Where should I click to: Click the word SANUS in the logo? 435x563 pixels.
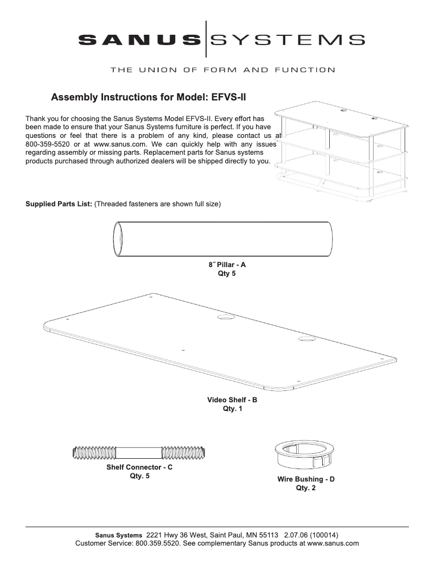pyautogui.click(x=139, y=39)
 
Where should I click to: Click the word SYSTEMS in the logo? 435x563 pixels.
pyautogui.click(x=287, y=39)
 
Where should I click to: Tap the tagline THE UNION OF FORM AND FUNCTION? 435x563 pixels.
pyautogui.click(x=222, y=69)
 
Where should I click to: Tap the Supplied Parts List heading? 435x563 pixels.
pyautogui.click(x=59, y=204)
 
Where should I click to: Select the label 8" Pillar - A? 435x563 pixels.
pyautogui.click(x=227, y=265)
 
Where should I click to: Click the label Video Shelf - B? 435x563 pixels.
pyautogui.click(x=232, y=400)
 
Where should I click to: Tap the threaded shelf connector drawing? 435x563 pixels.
pyautogui.click(x=140, y=452)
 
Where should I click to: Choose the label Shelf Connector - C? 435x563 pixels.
pyautogui.click(x=139, y=467)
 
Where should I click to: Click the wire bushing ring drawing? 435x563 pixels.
pyautogui.click(x=305, y=454)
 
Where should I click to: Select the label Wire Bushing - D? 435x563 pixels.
pyautogui.click(x=306, y=479)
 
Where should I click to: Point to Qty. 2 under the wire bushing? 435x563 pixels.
pyautogui.click(x=306, y=488)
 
